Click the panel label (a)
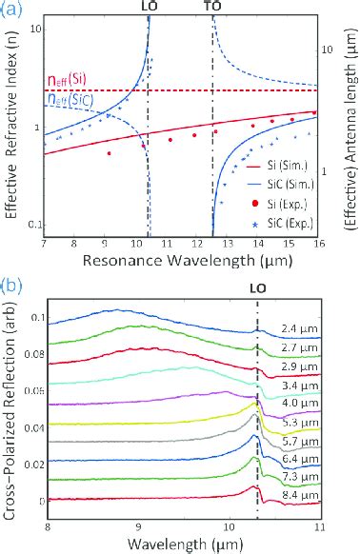coord(10,9)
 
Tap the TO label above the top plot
coord(213,7)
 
